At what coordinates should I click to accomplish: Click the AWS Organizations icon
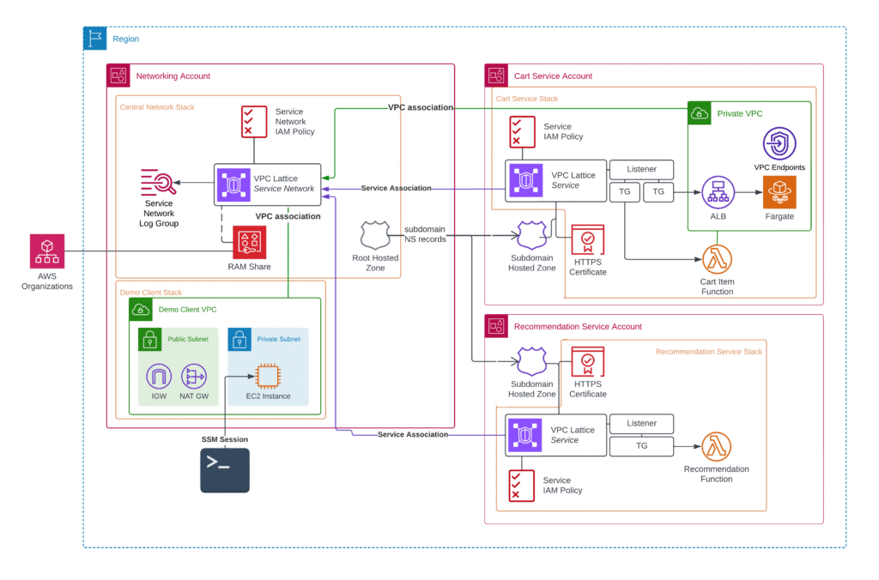coord(46,251)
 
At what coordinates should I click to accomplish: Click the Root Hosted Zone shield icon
coord(375,236)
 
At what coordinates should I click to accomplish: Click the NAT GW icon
coord(194,376)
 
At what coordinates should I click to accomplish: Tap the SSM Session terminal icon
coord(225,470)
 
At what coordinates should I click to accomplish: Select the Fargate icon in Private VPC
coord(780,191)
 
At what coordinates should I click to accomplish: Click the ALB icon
coord(718,192)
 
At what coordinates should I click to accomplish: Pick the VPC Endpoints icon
coord(779,143)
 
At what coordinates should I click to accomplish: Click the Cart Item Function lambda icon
coord(717,258)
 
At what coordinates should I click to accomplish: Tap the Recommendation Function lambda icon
coord(716,447)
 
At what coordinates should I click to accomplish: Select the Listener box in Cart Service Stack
coord(641,169)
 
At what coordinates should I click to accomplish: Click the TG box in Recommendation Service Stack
coord(641,446)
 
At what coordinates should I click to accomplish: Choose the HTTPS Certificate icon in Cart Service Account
coord(588,240)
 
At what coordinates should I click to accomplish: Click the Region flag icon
coord(94,39)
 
